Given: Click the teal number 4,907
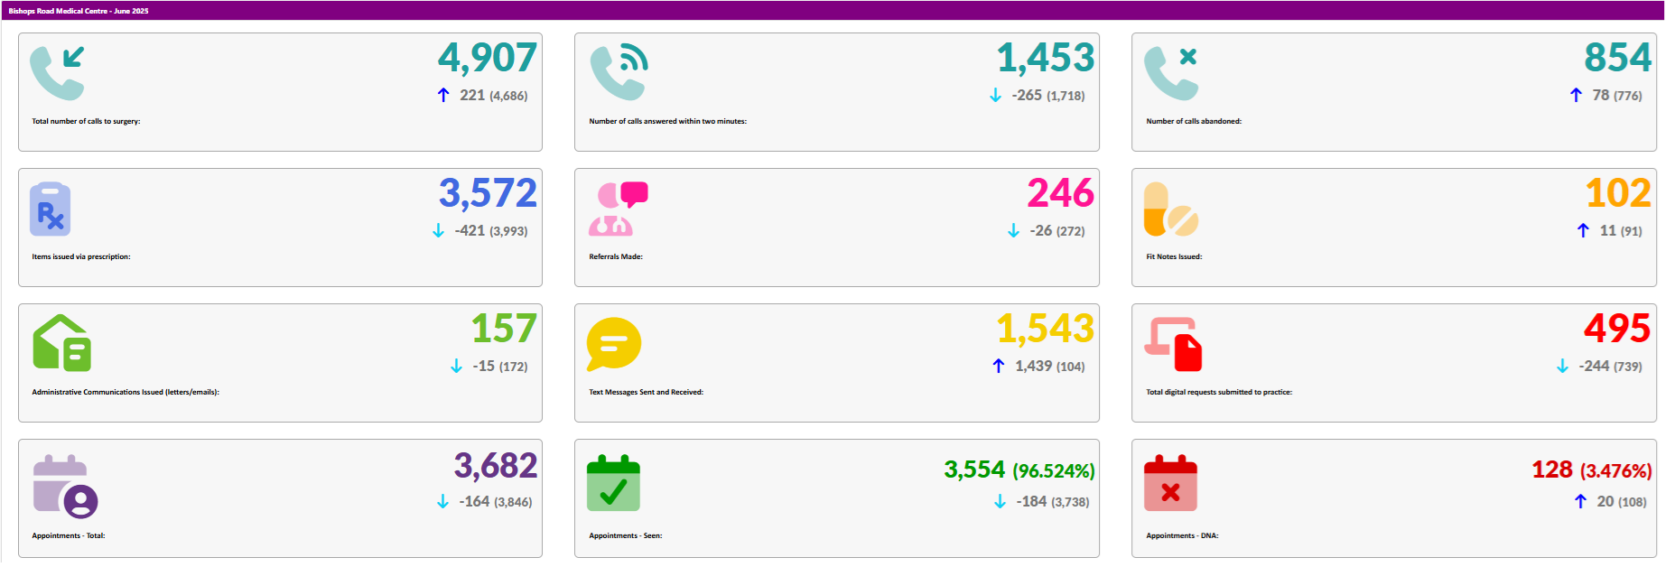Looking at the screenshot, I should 487,59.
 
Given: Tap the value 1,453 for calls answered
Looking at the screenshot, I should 1045,59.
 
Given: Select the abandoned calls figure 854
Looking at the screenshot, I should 1617,59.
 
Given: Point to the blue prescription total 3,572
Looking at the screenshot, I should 488,193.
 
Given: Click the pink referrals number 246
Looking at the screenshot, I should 1060,193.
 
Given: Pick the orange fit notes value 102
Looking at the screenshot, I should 1617,193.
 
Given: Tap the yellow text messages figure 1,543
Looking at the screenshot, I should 1045,329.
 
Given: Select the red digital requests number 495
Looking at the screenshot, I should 1616,329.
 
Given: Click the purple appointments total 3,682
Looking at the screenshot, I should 495,466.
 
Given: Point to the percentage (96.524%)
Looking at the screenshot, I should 1053,471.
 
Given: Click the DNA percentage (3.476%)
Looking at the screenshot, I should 1615,471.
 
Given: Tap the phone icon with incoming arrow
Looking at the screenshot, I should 58,73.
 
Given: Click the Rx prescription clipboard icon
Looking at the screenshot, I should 50,209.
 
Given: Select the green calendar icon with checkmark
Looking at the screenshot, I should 613,484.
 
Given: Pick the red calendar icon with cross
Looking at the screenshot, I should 1170,484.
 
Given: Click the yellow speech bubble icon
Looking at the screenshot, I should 613,344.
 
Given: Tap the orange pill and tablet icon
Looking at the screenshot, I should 1170,209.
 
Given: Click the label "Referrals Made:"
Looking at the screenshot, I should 616,256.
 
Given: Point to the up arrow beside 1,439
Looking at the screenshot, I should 998,366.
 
